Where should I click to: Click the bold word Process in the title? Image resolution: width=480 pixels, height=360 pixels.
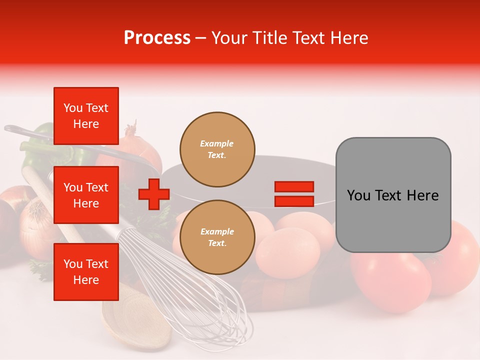(x=157, y=38)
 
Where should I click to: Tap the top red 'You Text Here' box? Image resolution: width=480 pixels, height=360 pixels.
(x=86, y=116)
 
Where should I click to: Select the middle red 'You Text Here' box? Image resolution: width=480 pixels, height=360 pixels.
(x=86, y=195)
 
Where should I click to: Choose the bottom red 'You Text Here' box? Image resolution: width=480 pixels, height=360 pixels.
(x=86, y=272)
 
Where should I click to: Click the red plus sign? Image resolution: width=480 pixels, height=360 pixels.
(x=154, y=194)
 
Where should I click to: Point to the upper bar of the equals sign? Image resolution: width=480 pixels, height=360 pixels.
(x=294, y=186)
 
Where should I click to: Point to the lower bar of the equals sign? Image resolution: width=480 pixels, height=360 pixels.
(x=294, y=201)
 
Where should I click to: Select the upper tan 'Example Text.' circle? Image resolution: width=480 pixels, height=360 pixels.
(x=217, y=149)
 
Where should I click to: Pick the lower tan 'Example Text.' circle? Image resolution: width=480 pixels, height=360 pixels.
(x=217, y=237)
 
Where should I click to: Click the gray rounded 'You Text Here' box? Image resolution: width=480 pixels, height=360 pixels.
(x=393, y=195)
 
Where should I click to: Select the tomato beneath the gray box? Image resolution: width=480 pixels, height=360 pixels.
(x=390, y=280)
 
